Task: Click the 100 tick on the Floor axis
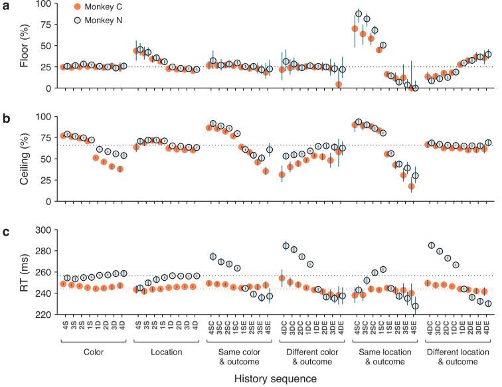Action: pos(46,3)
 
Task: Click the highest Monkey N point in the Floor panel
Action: pos(359,14)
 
